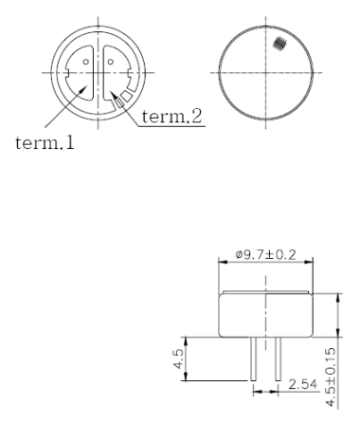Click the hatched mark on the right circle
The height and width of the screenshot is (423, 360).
279,44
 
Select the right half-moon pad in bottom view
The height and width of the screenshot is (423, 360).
117,71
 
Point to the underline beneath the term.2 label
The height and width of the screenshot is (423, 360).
174,126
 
